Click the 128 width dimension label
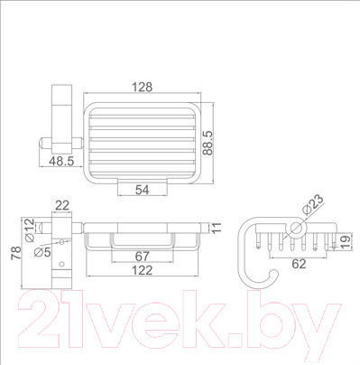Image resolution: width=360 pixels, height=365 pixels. (143, 87)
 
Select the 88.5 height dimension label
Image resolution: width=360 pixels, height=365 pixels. (208, 143)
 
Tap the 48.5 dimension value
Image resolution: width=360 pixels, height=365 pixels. (61, 162)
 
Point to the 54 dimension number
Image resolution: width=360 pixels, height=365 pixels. (142, 190)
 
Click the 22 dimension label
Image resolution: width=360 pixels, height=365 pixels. (62, 206)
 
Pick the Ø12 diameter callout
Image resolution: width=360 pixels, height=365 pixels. (30, 230)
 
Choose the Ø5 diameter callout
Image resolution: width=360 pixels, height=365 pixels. (42, 252)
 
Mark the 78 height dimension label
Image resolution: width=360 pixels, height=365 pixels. (16, 253)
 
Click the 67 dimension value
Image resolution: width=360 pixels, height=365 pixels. (142, 257)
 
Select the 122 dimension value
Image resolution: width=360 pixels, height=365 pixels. (143, 270)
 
